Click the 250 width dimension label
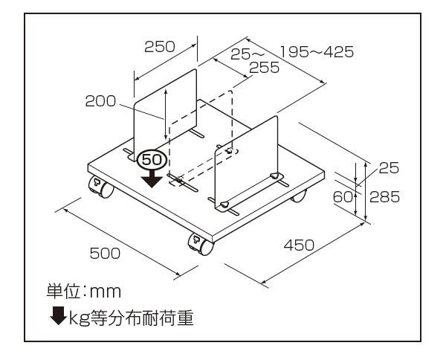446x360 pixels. pos(159,47)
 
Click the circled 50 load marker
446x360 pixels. pos(152,159)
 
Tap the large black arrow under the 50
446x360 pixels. pos(152,178)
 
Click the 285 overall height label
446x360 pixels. pos(386,197)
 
